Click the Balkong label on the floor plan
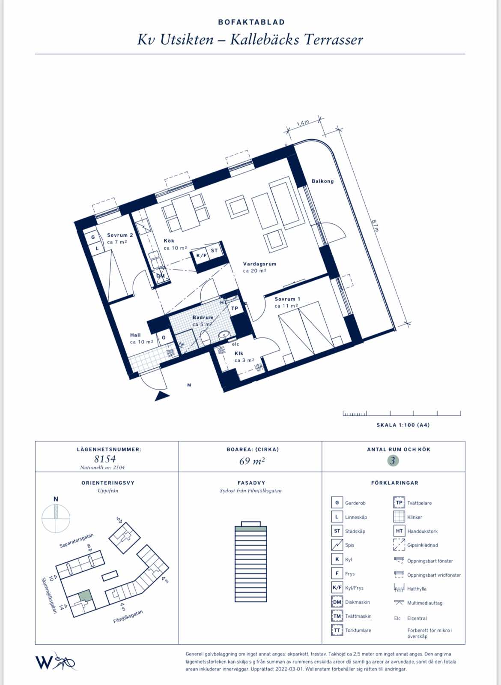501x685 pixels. [x=322, y=181]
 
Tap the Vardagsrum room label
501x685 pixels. [x=259, y=264]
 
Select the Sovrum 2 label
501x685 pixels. [x=120, y=235]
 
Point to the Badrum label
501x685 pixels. [x=203, y=318]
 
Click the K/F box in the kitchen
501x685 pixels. [x=201, y=255]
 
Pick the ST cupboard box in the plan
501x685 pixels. [x=214, y=250]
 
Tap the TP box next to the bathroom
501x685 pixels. [x=235, y=308]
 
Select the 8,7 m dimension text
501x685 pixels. [x=375, y=225]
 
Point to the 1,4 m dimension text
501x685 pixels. [x=303, y=123]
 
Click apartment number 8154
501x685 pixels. [x=105, y=459]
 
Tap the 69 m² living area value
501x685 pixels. [x=252, y=461]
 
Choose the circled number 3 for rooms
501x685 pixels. [x=393, y=461]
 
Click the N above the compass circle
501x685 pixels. [x=56, y=499]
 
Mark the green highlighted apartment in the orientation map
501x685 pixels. [x=85, y=595]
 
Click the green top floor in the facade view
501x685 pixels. [x=250, y=528]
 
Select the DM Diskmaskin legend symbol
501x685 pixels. [x=337, y=602]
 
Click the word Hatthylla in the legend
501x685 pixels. [x=417, y=589]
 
